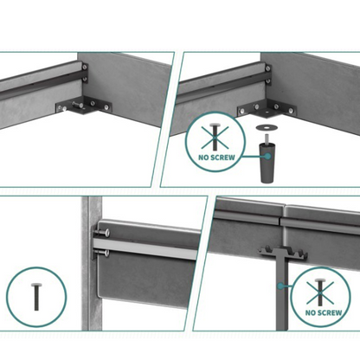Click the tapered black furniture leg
[x=267, y=163]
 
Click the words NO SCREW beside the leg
[x=216, y=157]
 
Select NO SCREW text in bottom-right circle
[x=324, y=312]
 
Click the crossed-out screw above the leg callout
[x=215, y=137]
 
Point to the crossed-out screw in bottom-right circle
[x=320, y=292]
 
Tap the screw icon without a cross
[x=36, y=297]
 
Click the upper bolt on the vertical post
[x=102, y=232]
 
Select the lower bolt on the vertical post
[x=101, y=254]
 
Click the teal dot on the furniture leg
[x=268, y=157]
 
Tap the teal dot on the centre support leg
[x=280, y=286]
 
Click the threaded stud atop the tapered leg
[x=267, y=138]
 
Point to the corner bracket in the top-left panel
[x=84, y=106]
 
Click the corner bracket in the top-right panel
[x=267, y=110]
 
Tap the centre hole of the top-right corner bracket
[x=267, y=112]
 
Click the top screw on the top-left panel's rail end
[x=84, y=67]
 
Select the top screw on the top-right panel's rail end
[x=268, y=69]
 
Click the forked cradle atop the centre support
[x=283, y=252]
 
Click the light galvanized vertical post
[x=92, y=263]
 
